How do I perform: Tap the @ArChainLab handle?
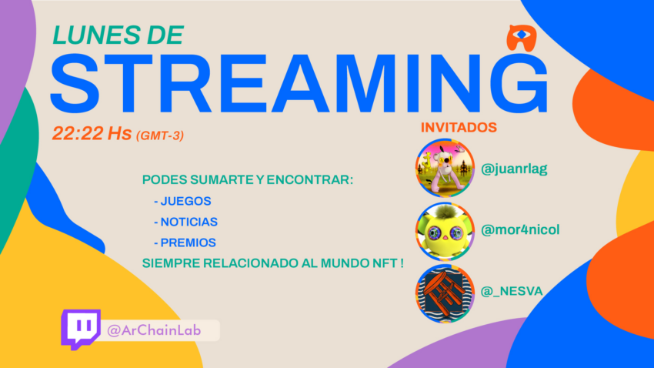pyautogui.click(x=154, y=330)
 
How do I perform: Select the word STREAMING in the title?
pyautogui.click(x=299, y=84)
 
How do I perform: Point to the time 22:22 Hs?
pyautogui.click(x=92, y=133)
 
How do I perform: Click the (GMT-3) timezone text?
pyautogui.click(x=160, y=135)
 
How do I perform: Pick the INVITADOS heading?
pyautogui.click(x=459, y=127)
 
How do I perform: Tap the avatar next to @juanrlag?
pyautogui.click(x=445, y=168)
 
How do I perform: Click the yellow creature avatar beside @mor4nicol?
pyautogui.click(x=445, y=232)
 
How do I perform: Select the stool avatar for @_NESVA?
pyautogui.click(x=445, y=293)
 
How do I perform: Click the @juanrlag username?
pyautogui.click(x=514, y=169)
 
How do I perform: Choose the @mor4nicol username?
pyautogui.click(x=520, y=229)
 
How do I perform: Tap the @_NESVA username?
pyautogui.click(x=512, y=291)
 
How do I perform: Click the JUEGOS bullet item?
pyautogui.click(x=182, y=201)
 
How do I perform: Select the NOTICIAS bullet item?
pyautogui.click(x=186, y=222)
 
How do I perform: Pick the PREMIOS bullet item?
pyautogui.click(x=185, y=243)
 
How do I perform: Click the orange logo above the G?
pyautogui.click(x=522, y=38)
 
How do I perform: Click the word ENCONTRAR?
pyautogui.click(x=310, y=180)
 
